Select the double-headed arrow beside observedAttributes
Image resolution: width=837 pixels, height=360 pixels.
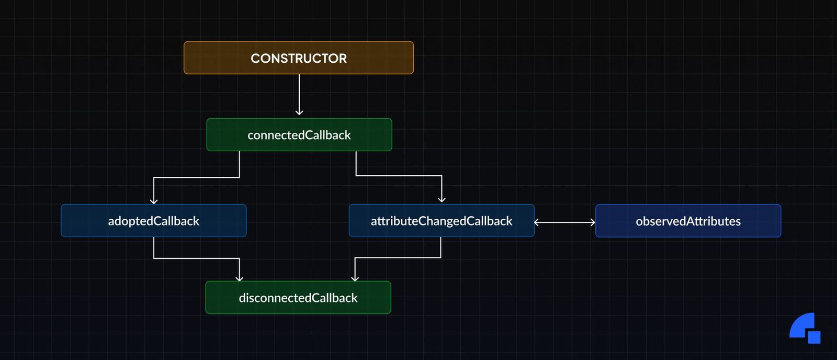point(564,222)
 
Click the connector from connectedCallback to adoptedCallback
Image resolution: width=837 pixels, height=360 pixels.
point(196,177)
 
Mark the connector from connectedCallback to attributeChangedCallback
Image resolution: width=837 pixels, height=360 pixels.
point(399,175)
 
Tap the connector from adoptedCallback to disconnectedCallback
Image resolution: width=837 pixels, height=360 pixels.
point(196,258)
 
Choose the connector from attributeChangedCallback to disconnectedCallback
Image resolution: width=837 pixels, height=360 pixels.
point(398,257)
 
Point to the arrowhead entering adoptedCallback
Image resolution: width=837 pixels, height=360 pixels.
point(154,201)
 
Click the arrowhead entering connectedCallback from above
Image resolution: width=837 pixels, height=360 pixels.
point(299,112)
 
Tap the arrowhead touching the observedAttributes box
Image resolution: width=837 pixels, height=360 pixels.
point(593,222)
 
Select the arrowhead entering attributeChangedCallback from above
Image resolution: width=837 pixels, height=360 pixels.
point(442,199)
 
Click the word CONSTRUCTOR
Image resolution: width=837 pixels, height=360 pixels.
point(299,58)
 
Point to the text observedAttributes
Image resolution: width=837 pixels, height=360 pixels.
point(688,221)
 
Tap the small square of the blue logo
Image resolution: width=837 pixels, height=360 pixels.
point(814,337)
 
